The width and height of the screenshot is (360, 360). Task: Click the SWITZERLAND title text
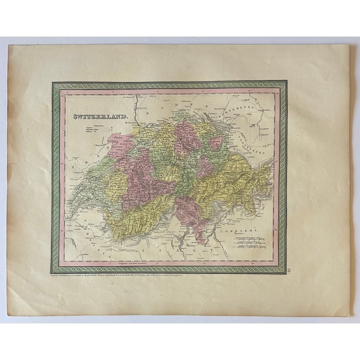tap(100, 118)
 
